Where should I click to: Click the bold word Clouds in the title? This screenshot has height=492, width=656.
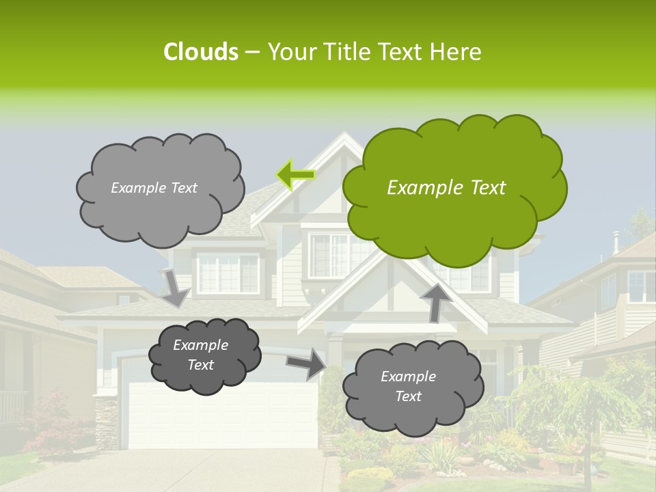pos(200,52)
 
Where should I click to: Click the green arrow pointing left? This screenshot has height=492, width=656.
pos(296,174)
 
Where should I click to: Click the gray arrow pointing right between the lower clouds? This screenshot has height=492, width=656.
pos(306,363)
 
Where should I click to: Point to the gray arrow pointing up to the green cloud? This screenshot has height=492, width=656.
pos(433,301)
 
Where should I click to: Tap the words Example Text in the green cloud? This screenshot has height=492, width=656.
pos(446,187)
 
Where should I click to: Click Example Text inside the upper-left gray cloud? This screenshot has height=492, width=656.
pos(154,187)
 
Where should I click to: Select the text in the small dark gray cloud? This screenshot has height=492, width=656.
pos(201,355)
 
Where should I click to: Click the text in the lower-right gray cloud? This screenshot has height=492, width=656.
pos(408,386)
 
